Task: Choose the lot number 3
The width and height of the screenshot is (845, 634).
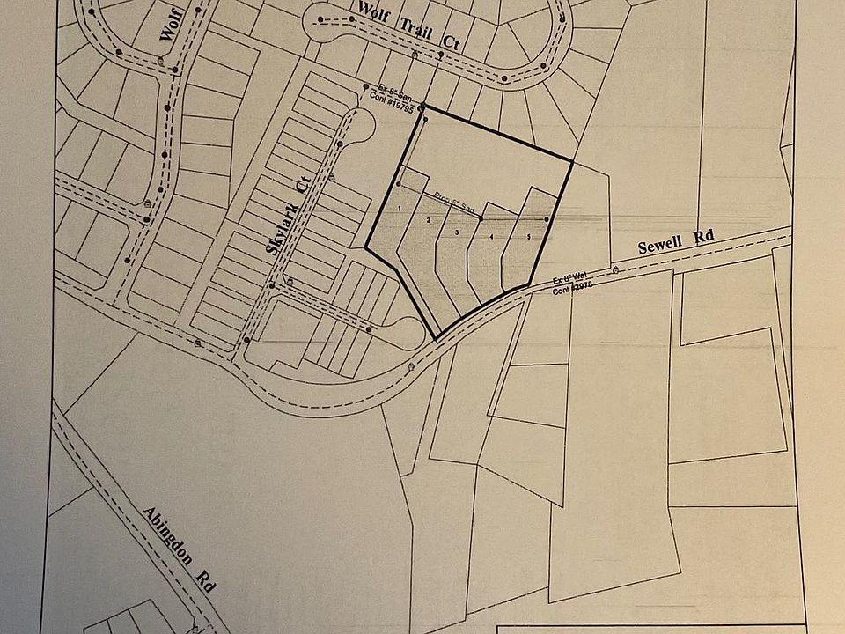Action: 458,232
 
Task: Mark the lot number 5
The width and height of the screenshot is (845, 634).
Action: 529,237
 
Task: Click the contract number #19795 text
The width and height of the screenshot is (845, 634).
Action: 397,96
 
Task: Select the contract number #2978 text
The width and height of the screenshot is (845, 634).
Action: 569,291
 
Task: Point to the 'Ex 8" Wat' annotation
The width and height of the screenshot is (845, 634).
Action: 569,282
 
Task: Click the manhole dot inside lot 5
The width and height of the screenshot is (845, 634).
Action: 547,219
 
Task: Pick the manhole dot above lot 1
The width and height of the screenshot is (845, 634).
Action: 399,183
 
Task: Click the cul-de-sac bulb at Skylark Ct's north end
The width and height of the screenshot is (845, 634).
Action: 358,126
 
